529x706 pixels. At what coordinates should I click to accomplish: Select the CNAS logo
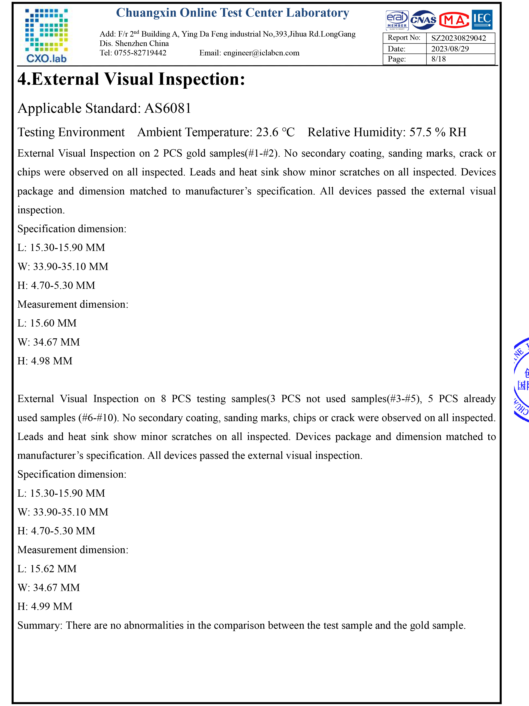click(x=423, y=20)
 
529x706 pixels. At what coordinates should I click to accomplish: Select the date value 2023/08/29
click(x=450, y=49)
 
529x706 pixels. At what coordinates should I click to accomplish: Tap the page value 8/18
click(x=438, y=59)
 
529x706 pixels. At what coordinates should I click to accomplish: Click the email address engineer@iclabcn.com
click(x=261, y=53)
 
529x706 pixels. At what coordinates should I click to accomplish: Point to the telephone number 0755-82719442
click(x=140, y=53)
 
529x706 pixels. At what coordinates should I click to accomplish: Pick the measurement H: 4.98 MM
click(x=45, y=361)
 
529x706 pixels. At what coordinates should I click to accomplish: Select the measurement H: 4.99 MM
click(x=45, y=606)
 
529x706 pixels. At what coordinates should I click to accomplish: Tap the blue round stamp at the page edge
click(x=521, y=380)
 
